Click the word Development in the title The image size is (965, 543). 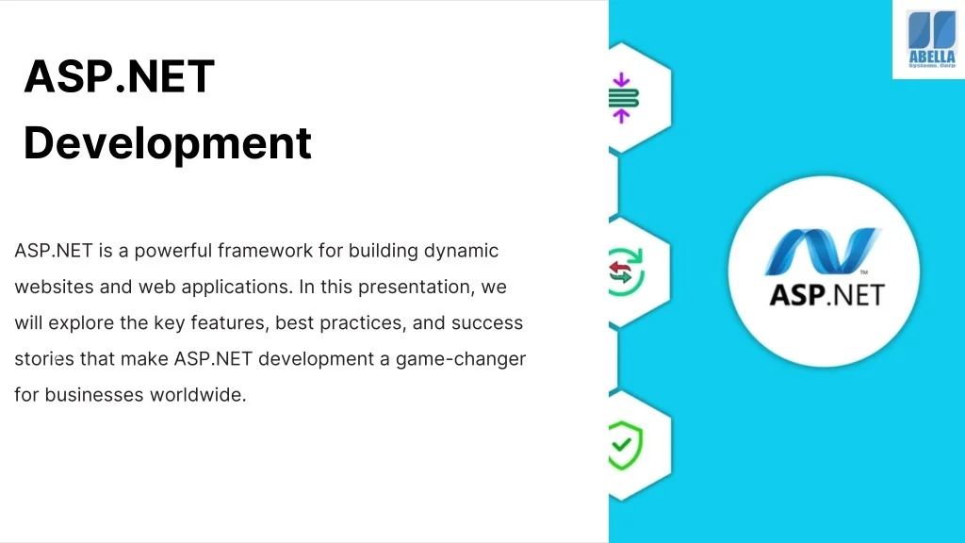click(x=167, y=143)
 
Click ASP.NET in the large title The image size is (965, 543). click(x=119, y=76)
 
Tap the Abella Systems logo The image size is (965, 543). click(x=930, y=40)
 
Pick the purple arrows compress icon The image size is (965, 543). click(x=622, y=98)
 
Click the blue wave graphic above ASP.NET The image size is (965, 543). click(x=823, y=252)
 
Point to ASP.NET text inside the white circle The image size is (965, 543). click(x=826, y=294)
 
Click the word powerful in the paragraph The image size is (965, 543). click(x=172, y=251)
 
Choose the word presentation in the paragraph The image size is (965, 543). click(x=425, y=287)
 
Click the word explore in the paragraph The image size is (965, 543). click(x=79, y=322)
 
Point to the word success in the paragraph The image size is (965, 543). click(x=486, y=322)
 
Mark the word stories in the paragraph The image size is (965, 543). click(x=38, y=359)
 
